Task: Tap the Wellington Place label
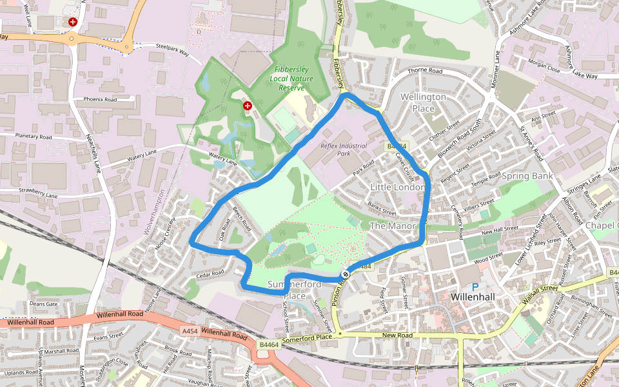click(x=423, y=103)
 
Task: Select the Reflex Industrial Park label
click(x=343, y=150)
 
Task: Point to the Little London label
click(x=398, y=187)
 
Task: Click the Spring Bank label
click(x=527, y=175)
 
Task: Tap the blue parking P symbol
click(x=476, y=287)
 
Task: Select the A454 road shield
click(x=190, y=331)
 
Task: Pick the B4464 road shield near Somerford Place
click(x=269, y=345)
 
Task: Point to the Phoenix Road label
click(x=100, y=100)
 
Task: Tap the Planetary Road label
click(x=34, y=137)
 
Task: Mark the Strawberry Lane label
click(x=38, y=192)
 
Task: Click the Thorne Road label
click(x=425, y=70)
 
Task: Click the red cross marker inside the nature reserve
click(x=247, y=105)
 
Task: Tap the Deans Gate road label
click(x=44, y=304)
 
